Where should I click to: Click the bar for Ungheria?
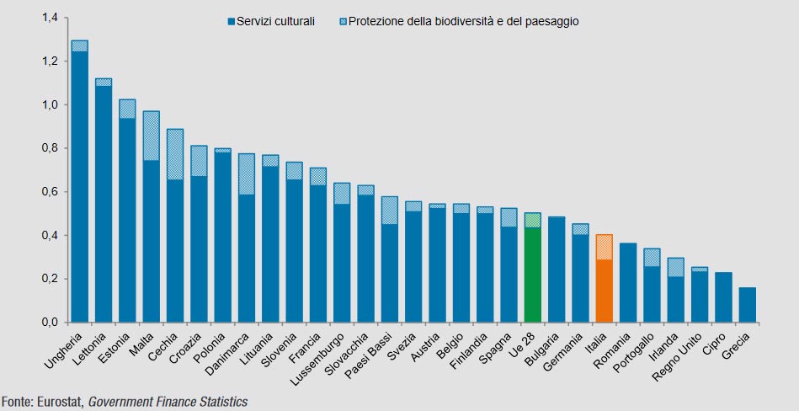point(80,185)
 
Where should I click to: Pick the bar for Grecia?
point(747,305)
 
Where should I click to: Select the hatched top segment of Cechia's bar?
point(175,154)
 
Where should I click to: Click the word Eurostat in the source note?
point(56,403)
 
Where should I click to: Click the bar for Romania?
point(627,283)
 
